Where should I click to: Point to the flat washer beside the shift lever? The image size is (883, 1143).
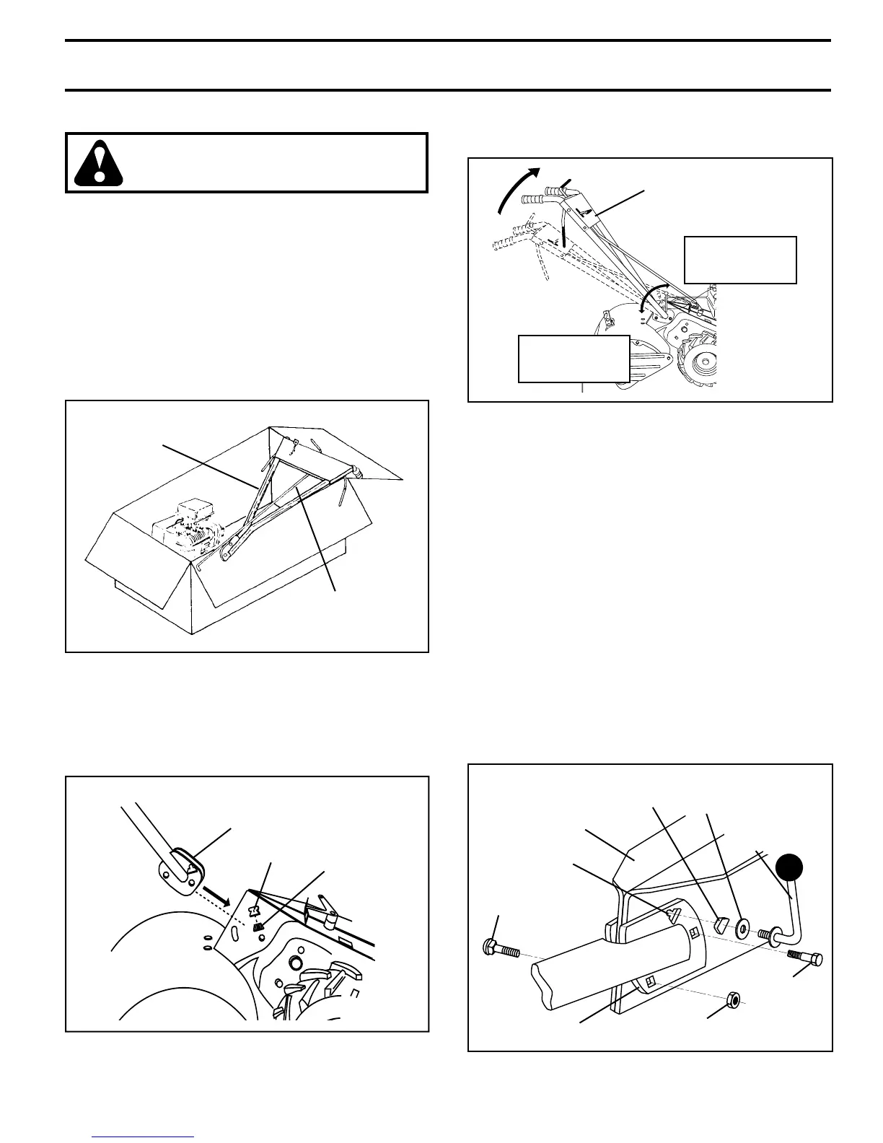click(742, 929)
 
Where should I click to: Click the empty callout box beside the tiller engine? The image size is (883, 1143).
click(739, 260)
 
